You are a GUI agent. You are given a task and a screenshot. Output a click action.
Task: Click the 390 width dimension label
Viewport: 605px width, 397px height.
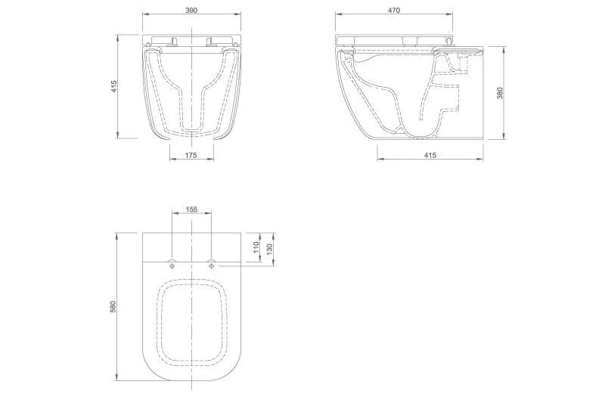click(x=191, y=10)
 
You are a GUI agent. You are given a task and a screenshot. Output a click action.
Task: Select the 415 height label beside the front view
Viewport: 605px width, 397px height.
click(x=114, y=86)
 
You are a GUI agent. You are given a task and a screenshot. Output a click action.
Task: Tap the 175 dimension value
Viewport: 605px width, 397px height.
click(x=191, y=155)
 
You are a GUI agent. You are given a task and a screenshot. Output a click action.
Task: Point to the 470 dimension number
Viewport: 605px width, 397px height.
click(x=393, y=10)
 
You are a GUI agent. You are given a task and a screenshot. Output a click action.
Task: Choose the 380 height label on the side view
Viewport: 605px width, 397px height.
click(x=500, y=93)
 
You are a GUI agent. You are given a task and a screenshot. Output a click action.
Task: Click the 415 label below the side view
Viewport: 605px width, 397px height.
click(x=430, y=155)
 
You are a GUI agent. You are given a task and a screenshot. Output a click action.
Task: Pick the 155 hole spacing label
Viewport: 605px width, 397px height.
click(x=191, y=209)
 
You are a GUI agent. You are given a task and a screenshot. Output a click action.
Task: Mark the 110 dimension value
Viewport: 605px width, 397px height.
click(x=256, y=247)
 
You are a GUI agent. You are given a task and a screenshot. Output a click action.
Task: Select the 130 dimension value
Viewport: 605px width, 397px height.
click(x=270, y=247)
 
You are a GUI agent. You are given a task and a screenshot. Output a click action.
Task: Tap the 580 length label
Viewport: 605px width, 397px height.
click(x=113, y=306)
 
